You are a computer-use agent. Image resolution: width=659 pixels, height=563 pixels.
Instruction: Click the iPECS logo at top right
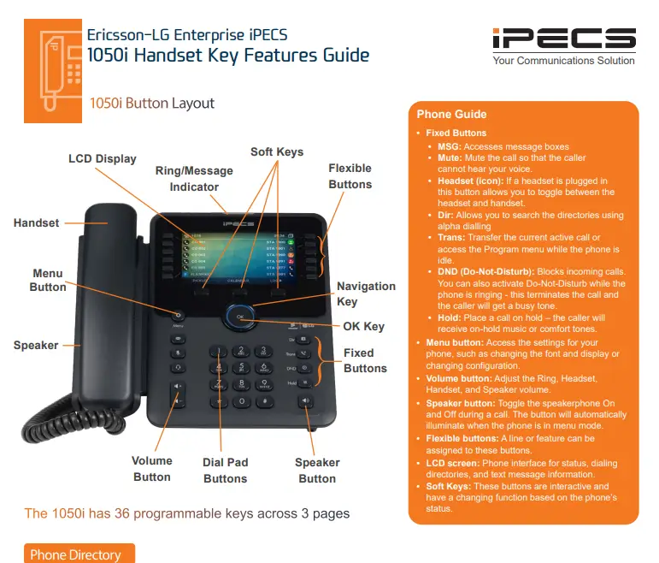(x=563, y=39)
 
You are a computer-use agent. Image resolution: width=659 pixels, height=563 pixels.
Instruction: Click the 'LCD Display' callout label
(x=103, y=158)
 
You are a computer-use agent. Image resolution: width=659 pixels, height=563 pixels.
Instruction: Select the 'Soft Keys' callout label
(x=277, y=151)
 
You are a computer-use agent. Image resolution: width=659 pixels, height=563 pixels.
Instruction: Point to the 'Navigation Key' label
(x=366, y=293)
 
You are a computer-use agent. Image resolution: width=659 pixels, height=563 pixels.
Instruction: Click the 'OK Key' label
(x=363, y=326)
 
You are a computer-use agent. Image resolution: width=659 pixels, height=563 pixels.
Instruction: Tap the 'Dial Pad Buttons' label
(x=225, y=470)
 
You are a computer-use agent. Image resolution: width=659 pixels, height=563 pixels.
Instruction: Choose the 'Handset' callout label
(x=37, y=222)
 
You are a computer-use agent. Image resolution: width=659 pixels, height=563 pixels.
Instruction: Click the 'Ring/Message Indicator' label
(x=194, y=179)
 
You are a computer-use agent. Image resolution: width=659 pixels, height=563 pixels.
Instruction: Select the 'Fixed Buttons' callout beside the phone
(x=365, y=360)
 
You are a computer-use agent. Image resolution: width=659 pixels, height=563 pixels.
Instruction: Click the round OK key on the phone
(x=241, y=317)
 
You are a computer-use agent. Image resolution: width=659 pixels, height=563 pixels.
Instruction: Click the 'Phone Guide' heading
(x=451, y=114)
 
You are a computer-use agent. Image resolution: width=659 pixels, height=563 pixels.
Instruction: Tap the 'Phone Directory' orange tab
(x=76, y=554)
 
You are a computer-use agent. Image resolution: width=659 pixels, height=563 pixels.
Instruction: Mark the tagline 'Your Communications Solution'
(x=563, y=61)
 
